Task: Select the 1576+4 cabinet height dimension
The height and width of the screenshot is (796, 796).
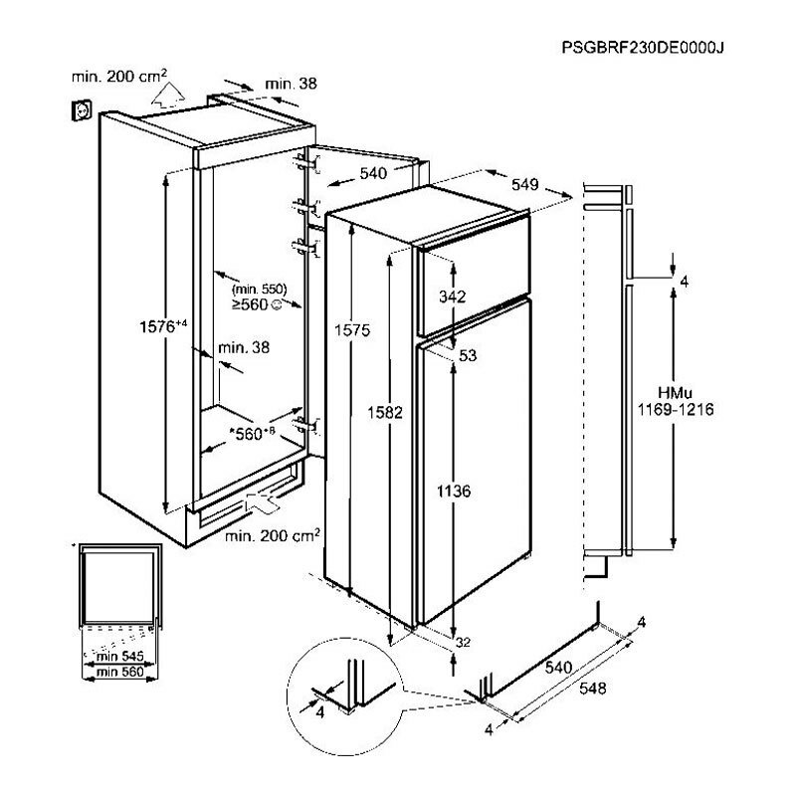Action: pyautogui.click(x=162, y=325)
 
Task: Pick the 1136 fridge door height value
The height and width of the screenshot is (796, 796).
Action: pyautogui.click(x=452, y=492)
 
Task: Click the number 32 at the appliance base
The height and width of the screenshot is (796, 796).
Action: pyautogui.click(x=462, y=643)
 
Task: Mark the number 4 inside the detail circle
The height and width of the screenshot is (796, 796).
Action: pyautogui.click(x=320, y=712)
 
